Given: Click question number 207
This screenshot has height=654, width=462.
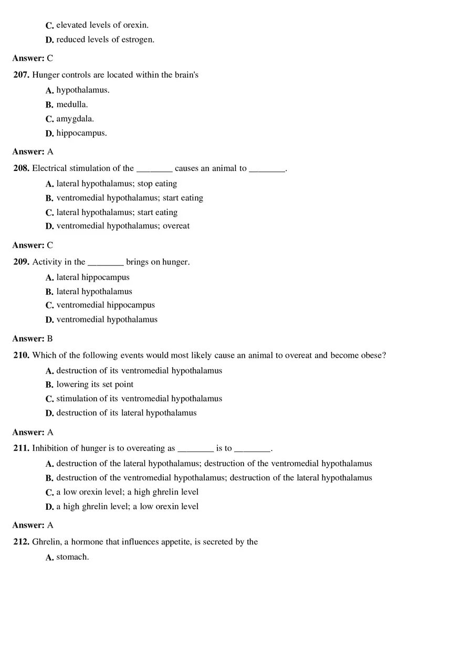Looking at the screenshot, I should tap(21, 75).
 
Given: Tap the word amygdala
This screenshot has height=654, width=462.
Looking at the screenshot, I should tap(75, 119).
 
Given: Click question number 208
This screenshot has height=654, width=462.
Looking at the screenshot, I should tap(21, 168).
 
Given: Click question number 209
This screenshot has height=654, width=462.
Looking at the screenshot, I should tap(21, 262).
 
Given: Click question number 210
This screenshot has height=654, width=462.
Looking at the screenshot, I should tap(21, 356).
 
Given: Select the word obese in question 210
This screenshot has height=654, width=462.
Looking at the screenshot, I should tap(373, 356).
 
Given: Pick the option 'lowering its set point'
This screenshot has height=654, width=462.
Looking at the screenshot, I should tap(94, 384).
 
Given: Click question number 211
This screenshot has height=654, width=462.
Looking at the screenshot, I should tap(21, 448).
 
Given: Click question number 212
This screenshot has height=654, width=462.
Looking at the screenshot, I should tap(21, 542).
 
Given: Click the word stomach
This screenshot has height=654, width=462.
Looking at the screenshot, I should tap(72, 557).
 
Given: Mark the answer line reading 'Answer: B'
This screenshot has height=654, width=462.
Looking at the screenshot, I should tap(33, 339).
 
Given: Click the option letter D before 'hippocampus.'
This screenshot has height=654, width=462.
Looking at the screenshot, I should tap(49, 134).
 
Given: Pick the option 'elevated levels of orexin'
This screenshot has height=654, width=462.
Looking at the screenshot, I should tap(102, 25).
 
